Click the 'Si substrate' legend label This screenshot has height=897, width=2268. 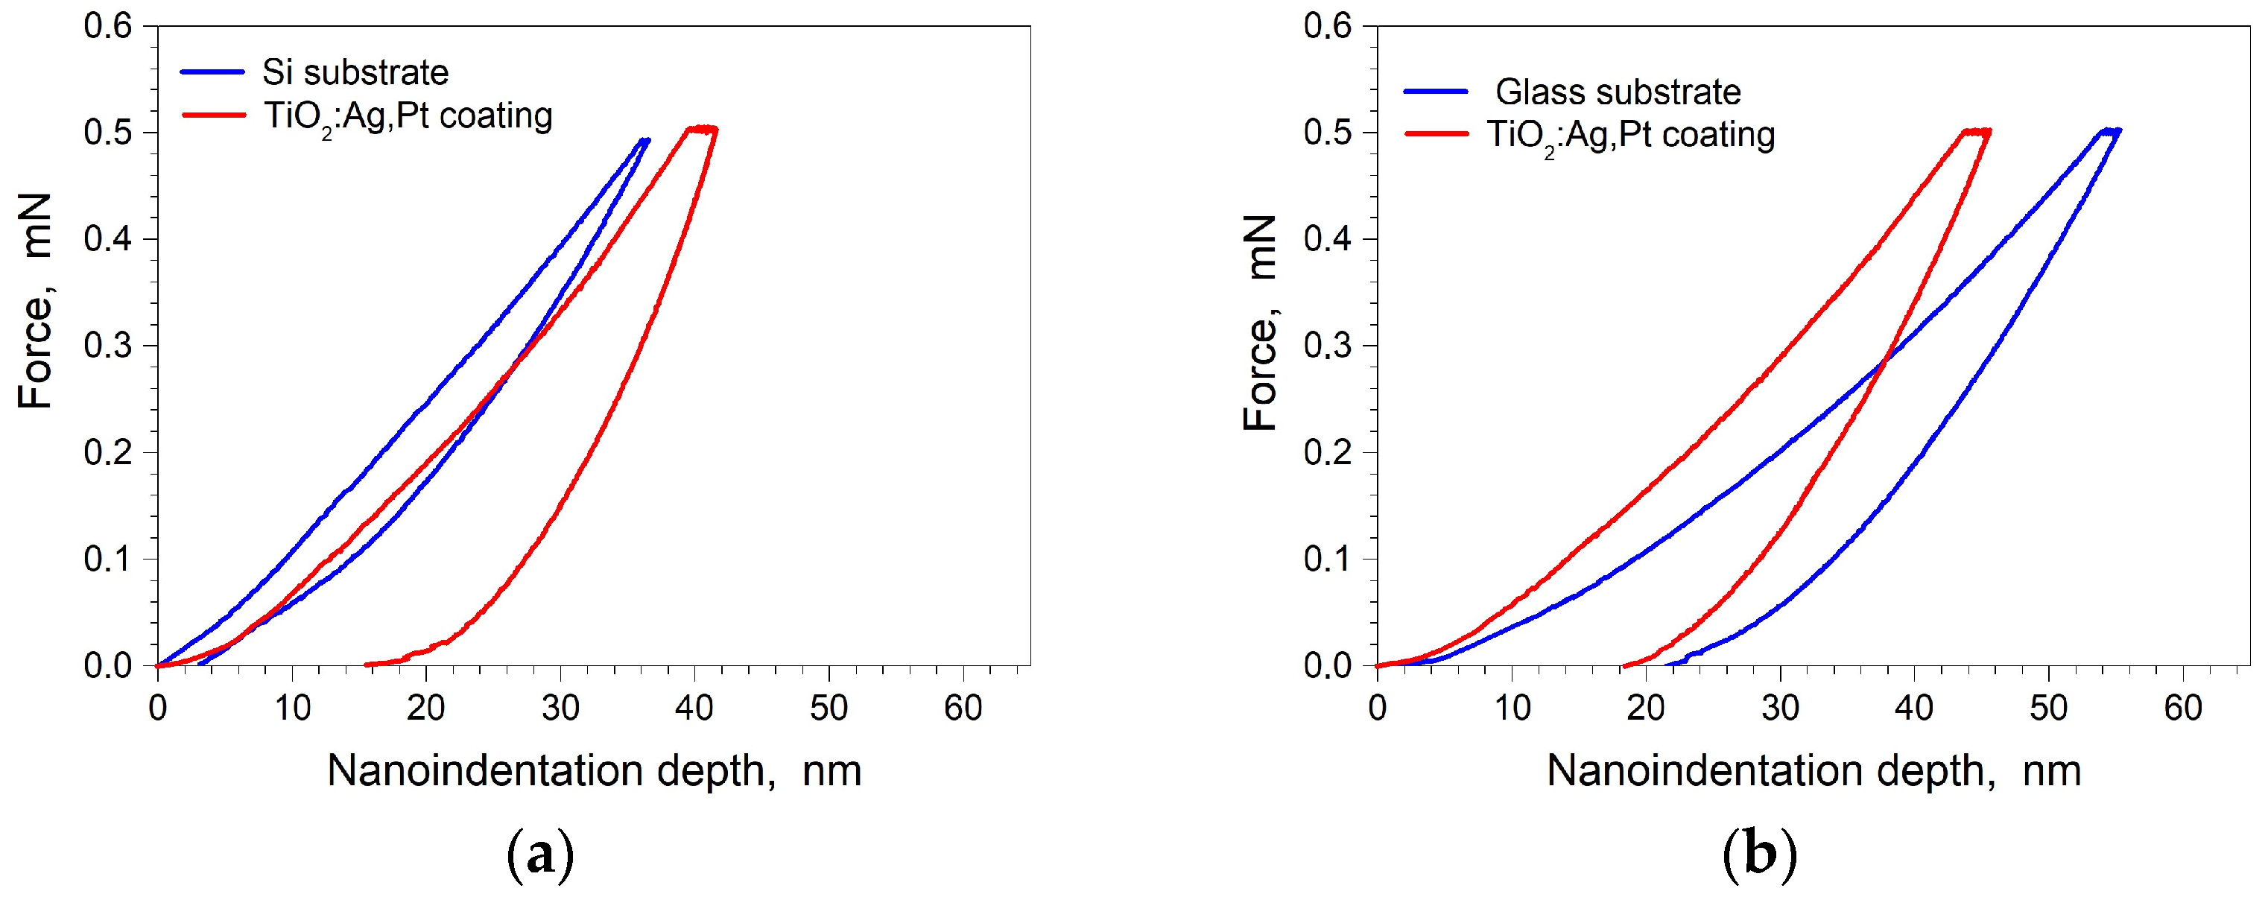355,72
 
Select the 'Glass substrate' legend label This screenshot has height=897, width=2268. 1618,92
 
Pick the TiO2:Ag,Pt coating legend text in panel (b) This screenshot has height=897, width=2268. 1630,136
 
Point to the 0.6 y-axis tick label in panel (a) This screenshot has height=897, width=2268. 107,26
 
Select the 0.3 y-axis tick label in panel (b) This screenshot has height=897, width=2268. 1327,346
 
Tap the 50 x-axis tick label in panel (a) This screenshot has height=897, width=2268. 829,708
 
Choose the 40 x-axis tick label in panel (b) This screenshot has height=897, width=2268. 1914,708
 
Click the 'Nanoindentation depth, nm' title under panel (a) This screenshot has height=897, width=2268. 595,771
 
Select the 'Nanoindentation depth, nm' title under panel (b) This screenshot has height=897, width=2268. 1814,771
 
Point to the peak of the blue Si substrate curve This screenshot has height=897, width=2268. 645,140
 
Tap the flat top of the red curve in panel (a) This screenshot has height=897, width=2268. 702,129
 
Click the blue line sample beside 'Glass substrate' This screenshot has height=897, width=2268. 1435,92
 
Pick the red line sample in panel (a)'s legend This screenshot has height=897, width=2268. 212,115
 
